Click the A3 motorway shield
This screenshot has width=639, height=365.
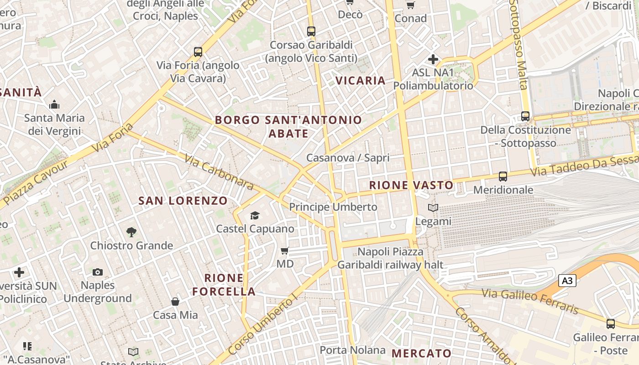tap(567, 281)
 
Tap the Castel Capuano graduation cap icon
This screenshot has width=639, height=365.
tap(255, 215)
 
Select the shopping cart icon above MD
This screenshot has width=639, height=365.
tap(285, 250)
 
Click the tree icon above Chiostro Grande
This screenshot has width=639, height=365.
tap(131, 232)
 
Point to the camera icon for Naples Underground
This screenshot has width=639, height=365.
tap(97, 272)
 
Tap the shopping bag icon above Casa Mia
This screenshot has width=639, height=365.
tap(175, 302)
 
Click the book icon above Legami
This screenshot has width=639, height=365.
tap(433, 208)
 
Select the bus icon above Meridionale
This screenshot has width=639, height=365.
tap(503, 176)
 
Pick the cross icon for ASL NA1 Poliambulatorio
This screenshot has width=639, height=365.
tap(433, 59)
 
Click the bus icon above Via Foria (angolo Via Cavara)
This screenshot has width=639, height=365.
tap(198, 52)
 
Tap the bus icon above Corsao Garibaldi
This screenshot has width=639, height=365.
tap(311, 31)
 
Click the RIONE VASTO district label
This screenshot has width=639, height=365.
tap(411, 185)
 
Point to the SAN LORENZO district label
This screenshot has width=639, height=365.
tap(183, 201)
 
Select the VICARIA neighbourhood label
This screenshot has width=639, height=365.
tap(361, 81)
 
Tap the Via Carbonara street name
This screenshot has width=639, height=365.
tap(219, 172)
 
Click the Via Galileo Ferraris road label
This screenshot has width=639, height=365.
tap(529, 301)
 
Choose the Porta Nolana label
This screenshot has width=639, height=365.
tap(352, 350)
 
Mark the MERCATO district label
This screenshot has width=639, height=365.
tap(421, 353)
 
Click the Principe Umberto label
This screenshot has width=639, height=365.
tap(333, 207)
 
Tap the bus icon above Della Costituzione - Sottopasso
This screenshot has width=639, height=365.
tap(525, 116)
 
